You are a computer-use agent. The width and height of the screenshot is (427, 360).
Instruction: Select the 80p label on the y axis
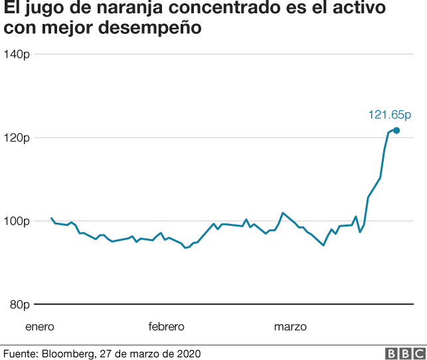pos(19,305)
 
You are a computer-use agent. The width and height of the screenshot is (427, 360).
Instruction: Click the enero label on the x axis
pos(40,327)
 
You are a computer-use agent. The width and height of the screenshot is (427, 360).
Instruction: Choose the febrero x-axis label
pos(166,327)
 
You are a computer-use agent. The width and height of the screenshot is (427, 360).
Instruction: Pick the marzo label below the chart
pos(290,327)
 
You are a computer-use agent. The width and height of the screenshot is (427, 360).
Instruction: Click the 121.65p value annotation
pos(390,115)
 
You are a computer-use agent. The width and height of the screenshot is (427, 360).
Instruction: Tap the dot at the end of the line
pos(396,130)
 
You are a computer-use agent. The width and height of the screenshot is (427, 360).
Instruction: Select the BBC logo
pos(404,353)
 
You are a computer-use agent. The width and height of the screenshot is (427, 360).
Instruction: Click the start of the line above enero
pos(52,218)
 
